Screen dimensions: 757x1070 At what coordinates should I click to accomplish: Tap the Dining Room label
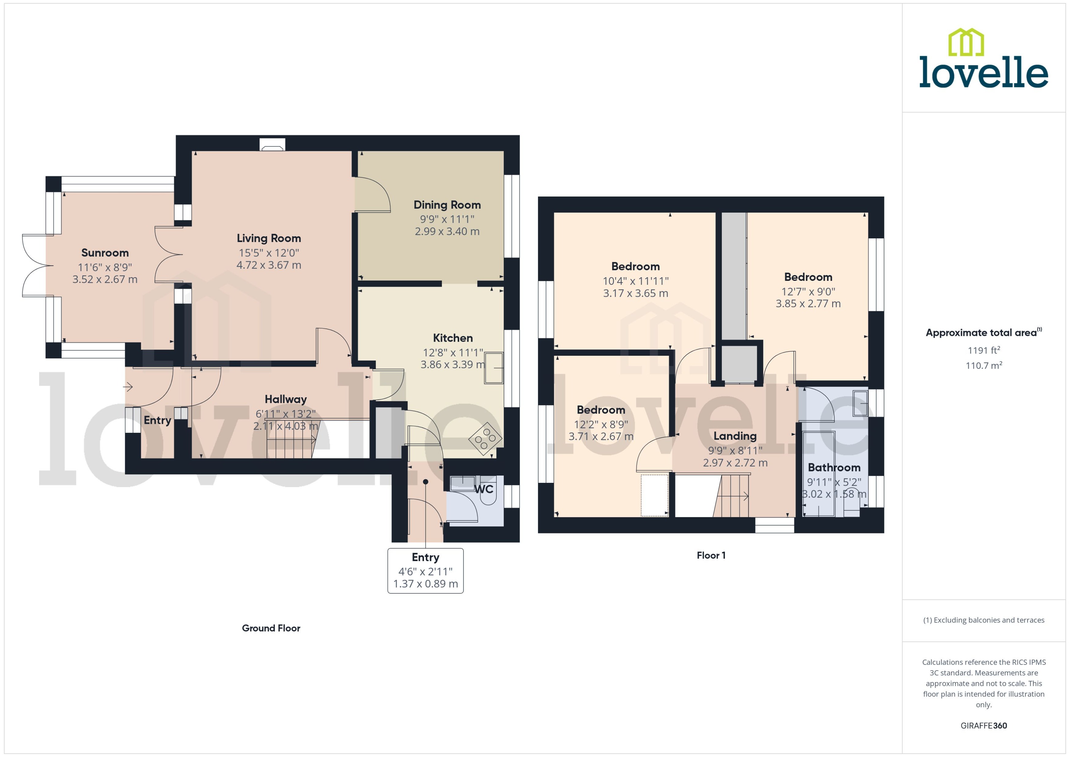447,205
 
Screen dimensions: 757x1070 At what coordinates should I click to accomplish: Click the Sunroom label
105,253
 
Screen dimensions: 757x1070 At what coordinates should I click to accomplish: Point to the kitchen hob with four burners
485,439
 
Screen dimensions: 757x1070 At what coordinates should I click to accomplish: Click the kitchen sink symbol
494,368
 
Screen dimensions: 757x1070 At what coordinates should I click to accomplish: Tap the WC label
484,489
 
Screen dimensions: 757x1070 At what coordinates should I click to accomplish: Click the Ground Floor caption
271,628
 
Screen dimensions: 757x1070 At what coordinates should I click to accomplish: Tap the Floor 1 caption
710,555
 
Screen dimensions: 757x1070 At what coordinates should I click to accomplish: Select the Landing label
735,436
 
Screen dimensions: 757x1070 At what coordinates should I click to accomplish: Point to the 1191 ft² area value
983,350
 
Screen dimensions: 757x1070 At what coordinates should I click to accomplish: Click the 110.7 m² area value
983,366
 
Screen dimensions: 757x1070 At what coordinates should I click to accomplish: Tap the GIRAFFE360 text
983,725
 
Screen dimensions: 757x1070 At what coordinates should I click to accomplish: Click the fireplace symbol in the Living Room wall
272,145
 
